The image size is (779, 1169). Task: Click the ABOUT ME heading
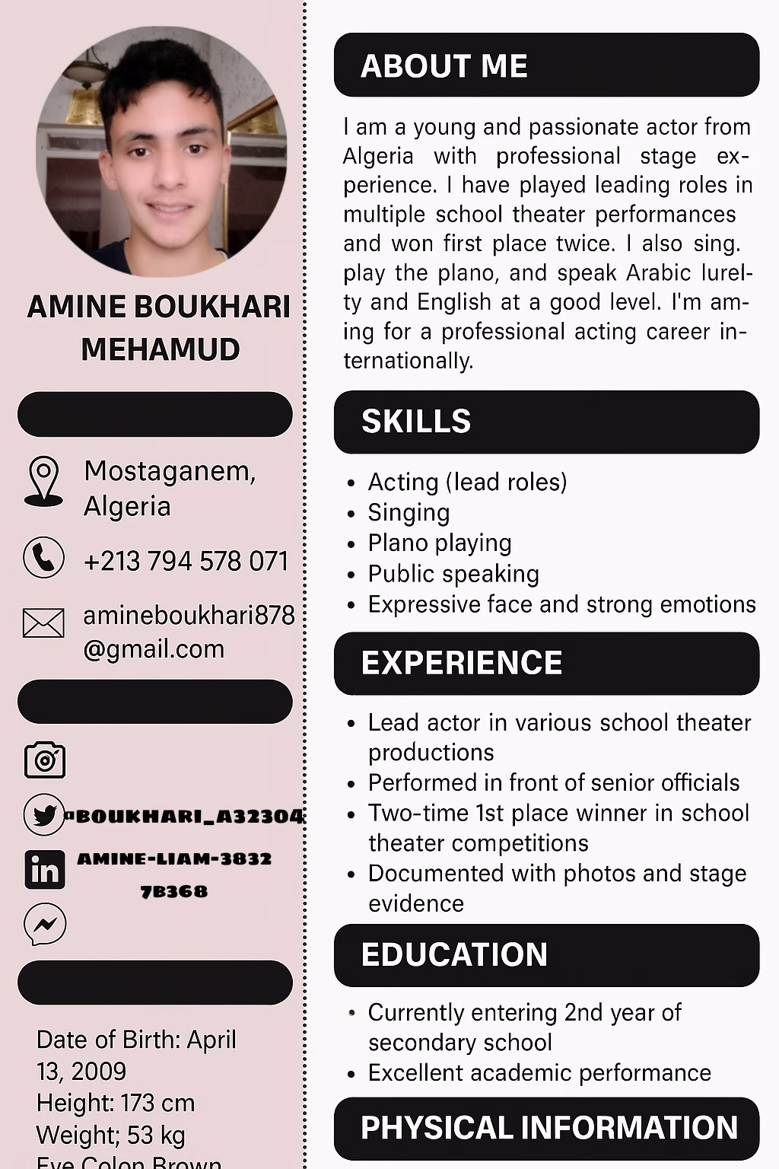click(444, 66)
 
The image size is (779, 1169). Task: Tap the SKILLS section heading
click(416, 422)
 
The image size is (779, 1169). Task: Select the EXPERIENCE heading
click(462, 663)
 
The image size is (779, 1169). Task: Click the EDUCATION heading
click(454, 955)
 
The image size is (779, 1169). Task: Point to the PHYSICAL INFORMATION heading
click(548, 1128)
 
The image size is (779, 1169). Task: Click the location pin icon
click(44, 481)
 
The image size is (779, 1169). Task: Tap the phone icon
click(44, 558)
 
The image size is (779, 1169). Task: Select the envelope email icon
click(44, 623)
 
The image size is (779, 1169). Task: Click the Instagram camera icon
click(45, 760)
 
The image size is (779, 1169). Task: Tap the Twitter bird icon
click(44, 815)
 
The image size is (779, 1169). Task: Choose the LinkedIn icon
click(45, 870)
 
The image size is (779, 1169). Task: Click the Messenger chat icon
click(45, 925)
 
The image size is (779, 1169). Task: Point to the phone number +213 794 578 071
click(186, 562)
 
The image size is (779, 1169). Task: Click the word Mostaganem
click(170, 472)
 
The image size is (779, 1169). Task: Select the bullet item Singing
click(409, 513)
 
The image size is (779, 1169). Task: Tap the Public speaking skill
click(453, 574)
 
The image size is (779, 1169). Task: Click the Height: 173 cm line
click(116, 1103)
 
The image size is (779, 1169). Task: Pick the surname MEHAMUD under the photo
click(161, 349)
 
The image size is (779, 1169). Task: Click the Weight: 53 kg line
click(111, 1135)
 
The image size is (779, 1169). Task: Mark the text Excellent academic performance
click(539, 1073)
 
